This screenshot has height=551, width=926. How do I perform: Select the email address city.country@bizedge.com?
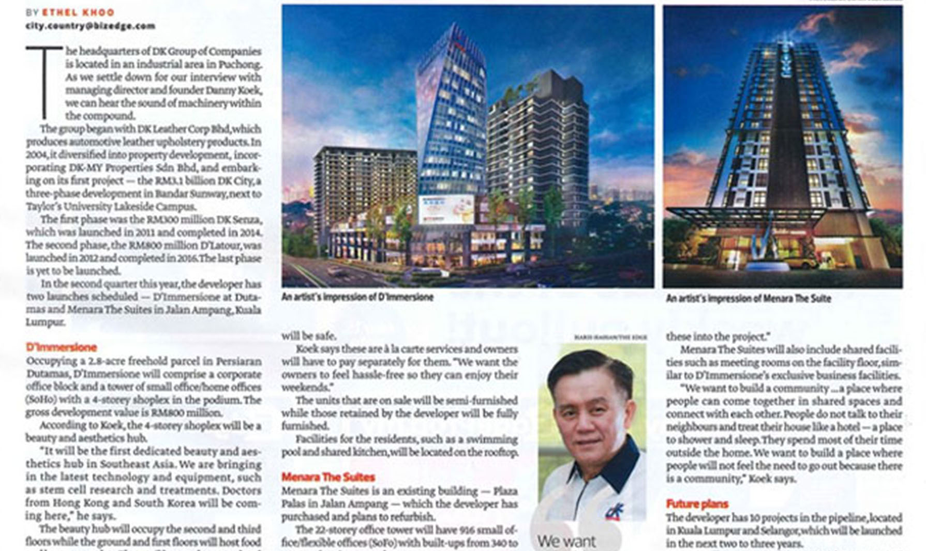[91, 25]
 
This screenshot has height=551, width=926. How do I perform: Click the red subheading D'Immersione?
[61, 347]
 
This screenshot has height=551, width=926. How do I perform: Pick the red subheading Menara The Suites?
[328, 477]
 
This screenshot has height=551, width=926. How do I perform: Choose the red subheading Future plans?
[697, 504]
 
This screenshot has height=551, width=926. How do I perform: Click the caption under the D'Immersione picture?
[357, 297]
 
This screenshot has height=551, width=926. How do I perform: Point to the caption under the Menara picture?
[748, 299]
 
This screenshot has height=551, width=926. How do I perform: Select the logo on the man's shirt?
[616, 510]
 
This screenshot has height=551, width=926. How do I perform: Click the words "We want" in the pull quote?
[566, 541]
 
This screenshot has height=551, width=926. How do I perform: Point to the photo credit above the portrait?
[610, 337]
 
